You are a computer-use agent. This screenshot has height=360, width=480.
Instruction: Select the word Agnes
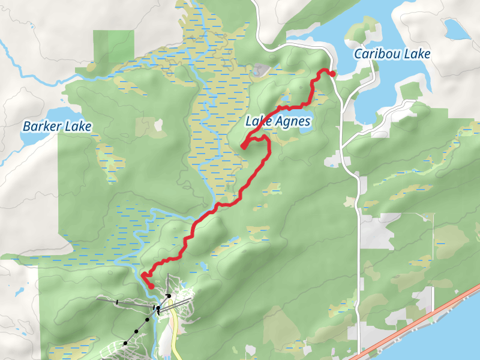pos(294,122)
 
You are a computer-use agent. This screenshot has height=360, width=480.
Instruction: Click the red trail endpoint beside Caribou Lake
pos(332,74)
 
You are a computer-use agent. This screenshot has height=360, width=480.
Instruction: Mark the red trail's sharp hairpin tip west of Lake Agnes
pos(243,146)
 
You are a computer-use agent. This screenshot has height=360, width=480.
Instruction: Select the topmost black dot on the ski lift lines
pos(169,296)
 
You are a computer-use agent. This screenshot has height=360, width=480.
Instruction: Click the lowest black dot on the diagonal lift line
pos(125,343)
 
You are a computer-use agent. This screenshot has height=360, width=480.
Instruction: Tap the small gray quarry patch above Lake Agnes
pos(260,71)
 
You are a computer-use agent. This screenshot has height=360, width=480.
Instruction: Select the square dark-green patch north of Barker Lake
pos(109,45)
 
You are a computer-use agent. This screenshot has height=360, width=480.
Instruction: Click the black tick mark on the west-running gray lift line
pos(117,302)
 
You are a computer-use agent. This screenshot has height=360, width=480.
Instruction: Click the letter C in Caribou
pos(359,54)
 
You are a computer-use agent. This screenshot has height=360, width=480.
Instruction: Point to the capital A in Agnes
pos(281,122)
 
